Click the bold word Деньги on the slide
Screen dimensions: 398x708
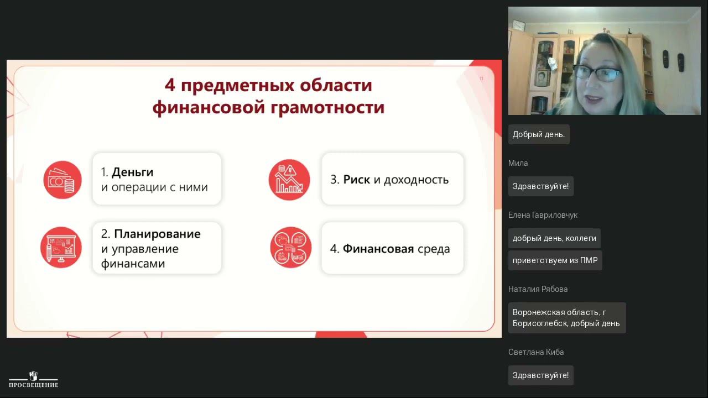click(x=132, y=172)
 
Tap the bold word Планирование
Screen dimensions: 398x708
click(x=157, y=234)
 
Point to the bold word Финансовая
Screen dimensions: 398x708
click(x=378, y=249)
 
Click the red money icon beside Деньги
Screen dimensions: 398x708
click(x=63, y=180)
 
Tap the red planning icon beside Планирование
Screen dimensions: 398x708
click(x=61, y=248)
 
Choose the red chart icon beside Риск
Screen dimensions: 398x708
click(x=289, y=180)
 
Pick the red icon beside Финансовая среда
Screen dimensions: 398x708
click(x=290, y=247)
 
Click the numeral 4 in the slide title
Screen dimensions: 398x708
click(x=170, y=86)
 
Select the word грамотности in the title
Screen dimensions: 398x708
click(x=328, y=107)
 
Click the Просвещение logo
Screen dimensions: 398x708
click(x=33, y=380)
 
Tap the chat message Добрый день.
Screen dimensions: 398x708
click(x=538, y=134)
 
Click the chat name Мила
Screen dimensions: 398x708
click(x=518, y=163)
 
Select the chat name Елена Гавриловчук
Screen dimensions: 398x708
click(x=543, y=215)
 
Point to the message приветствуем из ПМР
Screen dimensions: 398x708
click(x=555, y=260)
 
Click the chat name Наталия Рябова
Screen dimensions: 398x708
click(x=538, y=289)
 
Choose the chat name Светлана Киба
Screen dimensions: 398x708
click(x=536, y=352)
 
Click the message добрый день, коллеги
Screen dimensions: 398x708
click(x=554, y=238)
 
